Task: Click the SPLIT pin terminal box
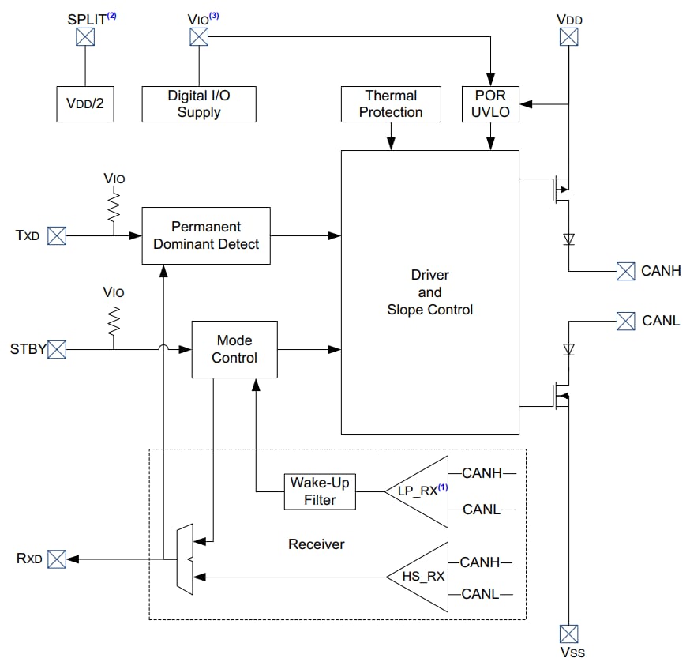click(85, 36)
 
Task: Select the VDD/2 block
click(85, 104)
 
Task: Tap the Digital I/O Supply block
click(199, 104)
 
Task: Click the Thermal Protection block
click(391, 104)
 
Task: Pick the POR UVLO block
click(490, 104)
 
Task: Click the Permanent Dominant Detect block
click(205, 235)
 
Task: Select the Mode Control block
click(234, 349)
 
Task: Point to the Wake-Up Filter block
click(320, 491)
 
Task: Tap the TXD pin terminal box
click(57, 235)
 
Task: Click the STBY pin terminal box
click(57, 349)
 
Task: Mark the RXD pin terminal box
click(57, 559)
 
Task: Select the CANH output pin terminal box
click(625, 271)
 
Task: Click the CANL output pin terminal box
click(625, 321)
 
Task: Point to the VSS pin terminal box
click(568, 633)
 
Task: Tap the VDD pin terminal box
click(568, 36)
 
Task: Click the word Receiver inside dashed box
click(316, 544)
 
